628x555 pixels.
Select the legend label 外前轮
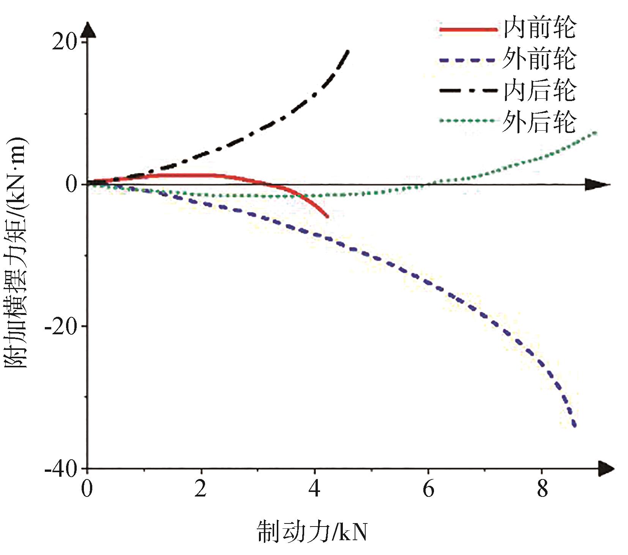[x=540, y=59]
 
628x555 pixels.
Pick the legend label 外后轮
[x=540, y=122]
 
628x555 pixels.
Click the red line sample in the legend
[x=468, y=29]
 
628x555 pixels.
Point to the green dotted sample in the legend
[x=468, y=121]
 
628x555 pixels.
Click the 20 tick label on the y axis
[x=64, y=42]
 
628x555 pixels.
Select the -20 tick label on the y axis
[x=60, y=327]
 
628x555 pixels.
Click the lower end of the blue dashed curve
[x=575, y=425]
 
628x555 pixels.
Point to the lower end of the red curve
[x=327, y=217]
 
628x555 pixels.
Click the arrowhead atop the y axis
[x=87, y=30]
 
